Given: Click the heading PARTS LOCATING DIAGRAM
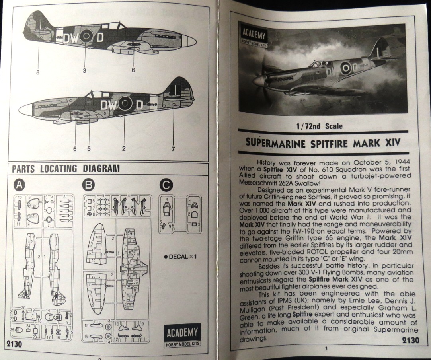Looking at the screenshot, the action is tap(66, 168).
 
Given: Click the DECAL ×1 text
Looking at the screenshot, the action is tap(181, 256).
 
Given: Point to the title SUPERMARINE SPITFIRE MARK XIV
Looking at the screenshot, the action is tap(322, 142).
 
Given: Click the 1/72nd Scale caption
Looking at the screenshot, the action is tap(319, 126).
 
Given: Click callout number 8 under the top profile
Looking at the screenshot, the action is tap(38, 72).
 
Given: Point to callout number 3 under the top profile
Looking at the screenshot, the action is tap(84, 71).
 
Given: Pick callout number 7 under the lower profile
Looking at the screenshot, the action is tap(173, 149).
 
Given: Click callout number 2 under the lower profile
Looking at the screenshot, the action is tap(124, 149).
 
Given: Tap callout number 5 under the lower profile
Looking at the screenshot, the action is tap(89, 149).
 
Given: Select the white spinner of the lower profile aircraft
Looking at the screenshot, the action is tap(25, 109).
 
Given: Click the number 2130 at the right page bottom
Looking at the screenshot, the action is tap(410, 340).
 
